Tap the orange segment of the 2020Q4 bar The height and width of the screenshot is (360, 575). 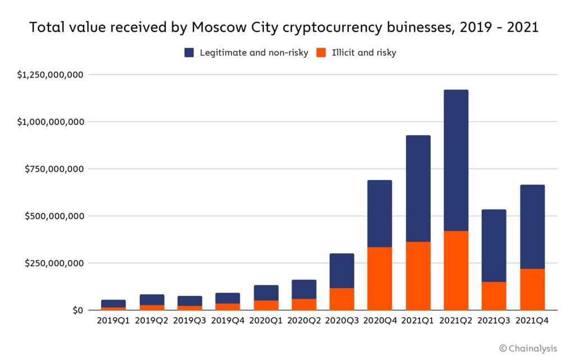(379, 279)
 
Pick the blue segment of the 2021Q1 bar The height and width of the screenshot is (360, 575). (418, 188)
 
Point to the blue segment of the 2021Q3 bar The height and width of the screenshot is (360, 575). (494, 245)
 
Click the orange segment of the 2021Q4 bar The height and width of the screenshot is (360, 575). (532, 289)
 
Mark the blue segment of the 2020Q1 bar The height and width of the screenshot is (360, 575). (266, 293)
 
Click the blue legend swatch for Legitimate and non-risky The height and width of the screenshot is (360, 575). (189, 53)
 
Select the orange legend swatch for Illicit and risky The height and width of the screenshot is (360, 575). (321, 53)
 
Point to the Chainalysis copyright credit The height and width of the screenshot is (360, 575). (528, 349)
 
